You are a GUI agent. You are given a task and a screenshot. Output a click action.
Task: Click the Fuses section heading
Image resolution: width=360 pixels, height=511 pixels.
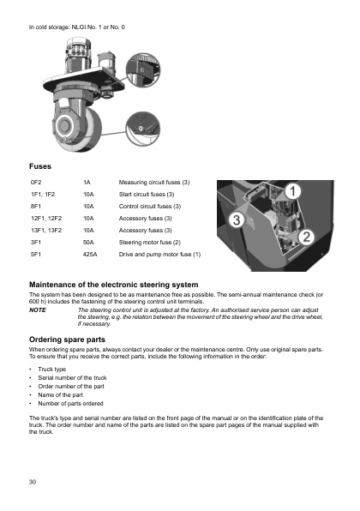click(x=41, y=165)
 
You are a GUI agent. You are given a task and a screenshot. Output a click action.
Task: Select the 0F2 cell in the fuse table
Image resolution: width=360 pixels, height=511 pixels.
click(x=36, y=183)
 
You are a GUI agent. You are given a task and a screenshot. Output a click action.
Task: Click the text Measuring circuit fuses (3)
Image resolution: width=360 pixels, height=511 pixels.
click(x=153, y=183)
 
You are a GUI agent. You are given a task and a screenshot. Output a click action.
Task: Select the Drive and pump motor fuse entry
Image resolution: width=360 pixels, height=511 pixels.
click(x=159, y=255)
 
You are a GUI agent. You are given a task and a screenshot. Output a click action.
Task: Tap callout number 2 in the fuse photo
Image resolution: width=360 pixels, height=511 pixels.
click(x=308, y=236)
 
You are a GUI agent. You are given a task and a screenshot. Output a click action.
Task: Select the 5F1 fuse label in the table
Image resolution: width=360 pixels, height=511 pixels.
click(x=36, y=255)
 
